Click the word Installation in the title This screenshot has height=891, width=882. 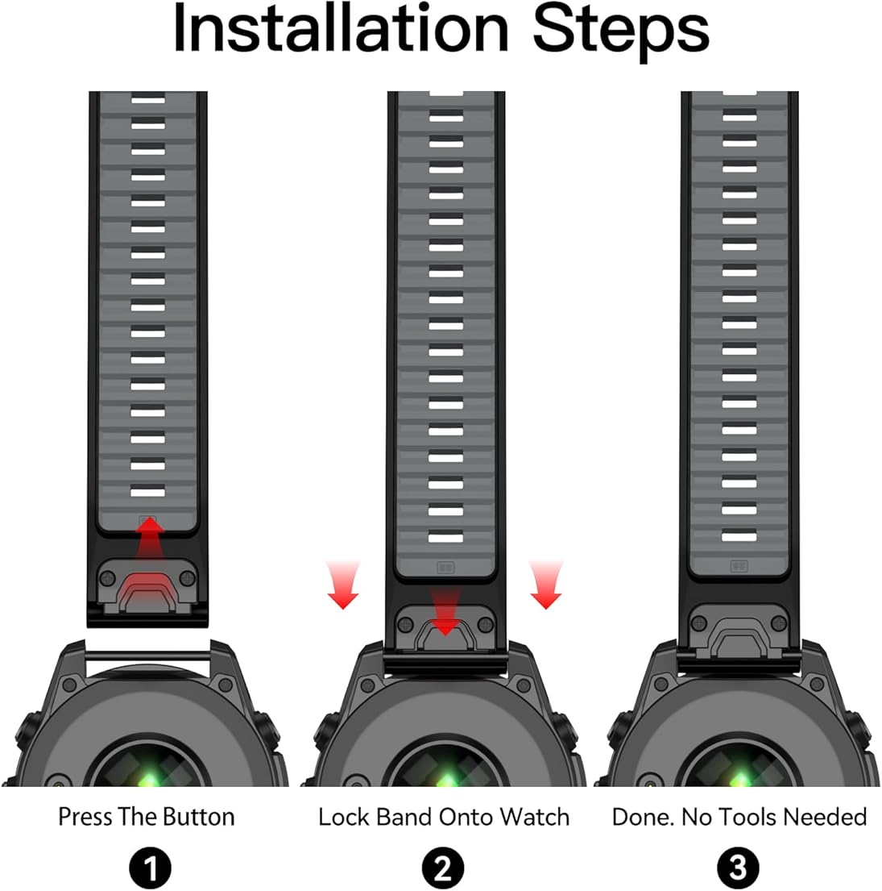[341, 28]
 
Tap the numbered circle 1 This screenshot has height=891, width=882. [150, 868]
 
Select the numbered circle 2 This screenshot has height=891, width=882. [443, 868]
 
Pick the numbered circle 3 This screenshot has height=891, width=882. [737, 868]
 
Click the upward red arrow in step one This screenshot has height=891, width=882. [150, 539]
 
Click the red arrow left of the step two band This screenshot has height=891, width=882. [343, 585]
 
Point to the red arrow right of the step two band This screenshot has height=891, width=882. [546, 585]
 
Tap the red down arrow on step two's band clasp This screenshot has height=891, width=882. [445, 612]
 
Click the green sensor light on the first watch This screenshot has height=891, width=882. [149, 778]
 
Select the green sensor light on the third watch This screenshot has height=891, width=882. [739, 778]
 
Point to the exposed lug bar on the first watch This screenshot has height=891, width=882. [149, 656]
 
